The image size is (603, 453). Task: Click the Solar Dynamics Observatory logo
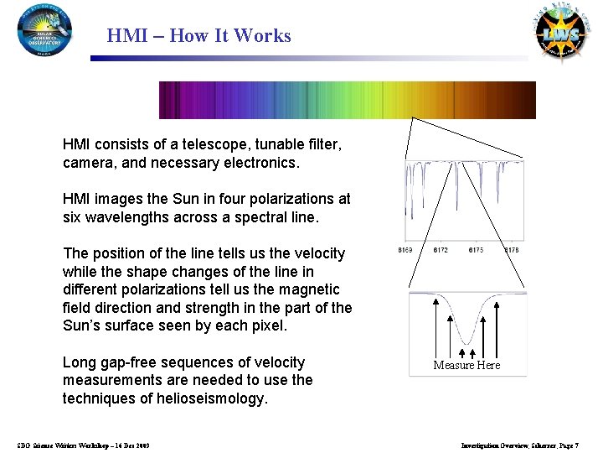pyautogui.click(x=45, y=30)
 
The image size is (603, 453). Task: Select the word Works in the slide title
pyautogui.click(x=263, y=36)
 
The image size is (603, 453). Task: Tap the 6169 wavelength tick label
pyautogui.click(x=405, y=251)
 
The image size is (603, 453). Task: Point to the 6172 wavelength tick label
pyautogui.click(x=441, y=251)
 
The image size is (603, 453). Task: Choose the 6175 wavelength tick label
pyautogui.click(x=476, y=251)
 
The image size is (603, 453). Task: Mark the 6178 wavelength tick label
pyautogui.click(x=512, y=251)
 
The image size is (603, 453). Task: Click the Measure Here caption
pyautogui.click(x=466, y=365)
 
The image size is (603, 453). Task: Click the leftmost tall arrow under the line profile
pyautogui.click(x=435, y=323)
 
